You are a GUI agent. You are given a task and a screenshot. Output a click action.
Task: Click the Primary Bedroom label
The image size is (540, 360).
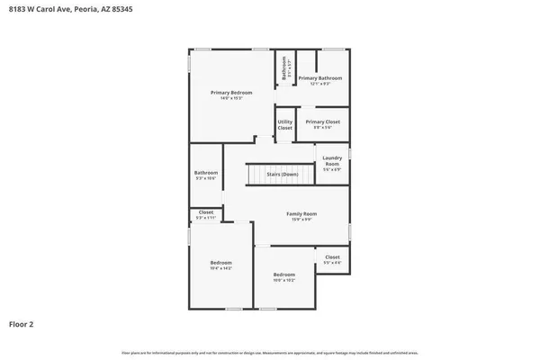pos(231,93)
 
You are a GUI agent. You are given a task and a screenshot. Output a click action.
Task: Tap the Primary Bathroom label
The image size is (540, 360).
pos(320,78)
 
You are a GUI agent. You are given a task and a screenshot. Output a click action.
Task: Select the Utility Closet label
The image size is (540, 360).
pos(284,125)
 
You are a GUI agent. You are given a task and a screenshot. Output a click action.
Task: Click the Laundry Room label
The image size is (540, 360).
pos(331,161)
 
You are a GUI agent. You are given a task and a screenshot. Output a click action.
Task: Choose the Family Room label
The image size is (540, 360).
pos(301,213)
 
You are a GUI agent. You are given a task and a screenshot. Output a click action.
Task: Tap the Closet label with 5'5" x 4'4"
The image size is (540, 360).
pos(332,257)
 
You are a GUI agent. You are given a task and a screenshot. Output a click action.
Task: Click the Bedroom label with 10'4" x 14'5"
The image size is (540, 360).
pos(220,264)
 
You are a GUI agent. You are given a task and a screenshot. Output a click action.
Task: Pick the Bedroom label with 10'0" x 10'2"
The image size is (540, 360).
pos(283,274)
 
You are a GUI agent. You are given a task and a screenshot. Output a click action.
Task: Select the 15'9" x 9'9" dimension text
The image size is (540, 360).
pos(301,219)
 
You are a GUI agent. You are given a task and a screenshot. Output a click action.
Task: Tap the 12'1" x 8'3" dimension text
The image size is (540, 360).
pos(320,83)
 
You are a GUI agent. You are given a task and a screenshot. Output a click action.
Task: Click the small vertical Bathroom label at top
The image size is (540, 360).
pos(284,69)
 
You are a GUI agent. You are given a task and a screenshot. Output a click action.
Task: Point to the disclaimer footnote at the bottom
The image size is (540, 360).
pos(269,351)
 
